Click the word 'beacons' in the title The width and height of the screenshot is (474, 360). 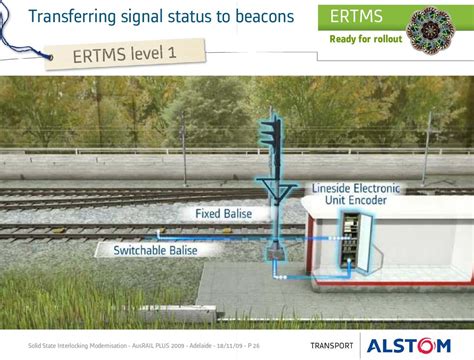[265, 17]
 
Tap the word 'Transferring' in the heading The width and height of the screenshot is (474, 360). [72, 17]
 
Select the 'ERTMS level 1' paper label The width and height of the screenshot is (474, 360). [125, 54]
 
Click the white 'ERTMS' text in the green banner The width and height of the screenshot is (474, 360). [356, 16]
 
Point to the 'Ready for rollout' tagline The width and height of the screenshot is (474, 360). [366, 39]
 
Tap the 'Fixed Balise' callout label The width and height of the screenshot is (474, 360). [223, 213]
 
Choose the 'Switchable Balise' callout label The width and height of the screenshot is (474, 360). [155, 250]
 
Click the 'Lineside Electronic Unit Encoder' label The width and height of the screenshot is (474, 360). [355, 194]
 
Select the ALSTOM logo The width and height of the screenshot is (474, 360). [409, 346]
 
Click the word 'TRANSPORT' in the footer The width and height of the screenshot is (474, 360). [332, 346]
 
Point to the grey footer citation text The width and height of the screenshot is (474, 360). [144, 346]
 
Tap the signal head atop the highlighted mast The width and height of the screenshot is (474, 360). [271, 133]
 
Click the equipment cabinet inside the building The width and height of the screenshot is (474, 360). [351, 240]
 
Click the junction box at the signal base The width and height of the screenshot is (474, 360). [276, 253]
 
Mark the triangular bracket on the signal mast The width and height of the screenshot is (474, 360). [276, 191]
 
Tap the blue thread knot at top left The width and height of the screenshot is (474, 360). [49, 57]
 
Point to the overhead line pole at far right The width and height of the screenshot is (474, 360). [427, 149]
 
